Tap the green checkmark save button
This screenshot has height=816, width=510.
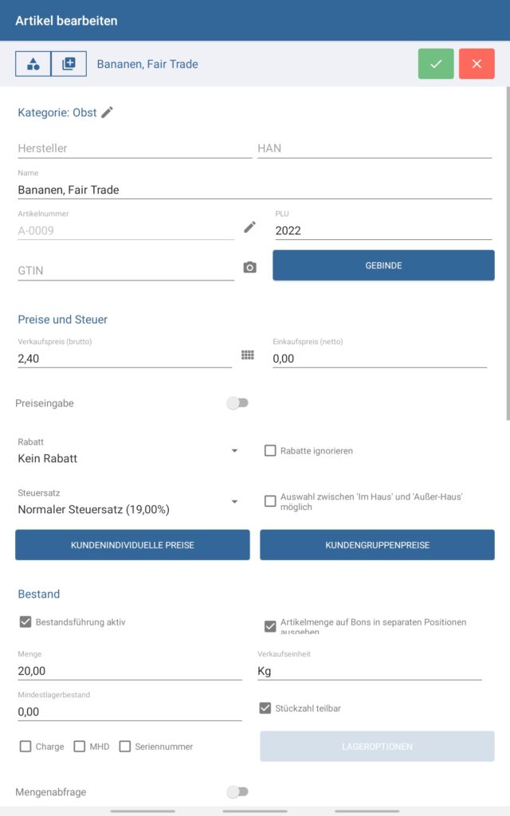(436, 64)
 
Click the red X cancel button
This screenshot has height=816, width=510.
(477, 64)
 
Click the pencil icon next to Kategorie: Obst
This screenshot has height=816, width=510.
(108, 112)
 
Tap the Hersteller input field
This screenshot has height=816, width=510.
(134, 148)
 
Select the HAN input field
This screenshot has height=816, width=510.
(374, 148)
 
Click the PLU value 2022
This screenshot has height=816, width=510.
(382, 231)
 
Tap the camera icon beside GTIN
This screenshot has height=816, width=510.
(250, 268)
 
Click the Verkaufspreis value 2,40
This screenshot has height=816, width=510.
(124, 359)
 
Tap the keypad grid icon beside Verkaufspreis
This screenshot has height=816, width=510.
(248, 355)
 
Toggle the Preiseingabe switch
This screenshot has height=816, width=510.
(237, 403)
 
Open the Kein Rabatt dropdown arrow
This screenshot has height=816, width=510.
(234, 451)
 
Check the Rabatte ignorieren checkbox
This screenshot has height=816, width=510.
(270, 451)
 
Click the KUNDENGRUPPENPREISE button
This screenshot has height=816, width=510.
(377, 545)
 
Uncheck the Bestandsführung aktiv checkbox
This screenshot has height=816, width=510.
(25, 622)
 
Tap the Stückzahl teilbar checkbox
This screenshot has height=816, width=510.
(265, 708)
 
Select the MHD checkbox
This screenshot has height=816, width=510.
(80, 747)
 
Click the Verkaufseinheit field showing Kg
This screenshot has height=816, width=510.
(369, 671)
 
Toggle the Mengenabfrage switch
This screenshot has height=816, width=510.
(237, 792)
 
